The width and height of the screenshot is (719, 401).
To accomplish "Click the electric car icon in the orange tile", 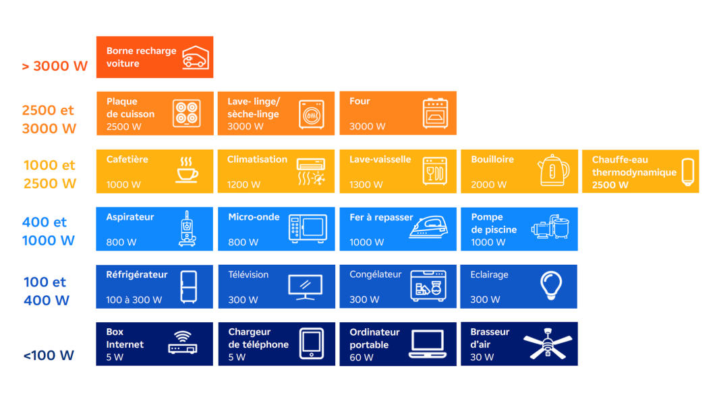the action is [x=196, y=58].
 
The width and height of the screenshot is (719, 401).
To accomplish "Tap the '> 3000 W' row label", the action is [x=55, y=66].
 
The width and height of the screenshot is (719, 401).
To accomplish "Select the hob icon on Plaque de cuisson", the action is [x=187, y=113].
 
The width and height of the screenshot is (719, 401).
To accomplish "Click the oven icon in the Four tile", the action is [x=435, y=113].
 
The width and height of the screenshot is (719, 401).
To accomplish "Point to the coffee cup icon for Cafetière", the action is [x=187, y=171].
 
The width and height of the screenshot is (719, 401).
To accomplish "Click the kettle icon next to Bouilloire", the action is [x=554, y=170].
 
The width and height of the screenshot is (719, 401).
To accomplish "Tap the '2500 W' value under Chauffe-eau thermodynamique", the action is [x=610, y=185].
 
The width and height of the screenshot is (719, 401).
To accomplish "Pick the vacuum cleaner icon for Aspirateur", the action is [x=187, y=228].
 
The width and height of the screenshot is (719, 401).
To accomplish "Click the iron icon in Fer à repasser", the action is [x=428, y=227].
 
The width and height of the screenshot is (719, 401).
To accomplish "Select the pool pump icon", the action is [x=550, y=226].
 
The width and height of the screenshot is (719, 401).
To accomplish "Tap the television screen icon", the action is [x=306, y=287].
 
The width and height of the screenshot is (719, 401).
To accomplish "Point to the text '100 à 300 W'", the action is [x=134, y=300].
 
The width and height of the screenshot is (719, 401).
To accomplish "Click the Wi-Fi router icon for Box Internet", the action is [x=183, y=343].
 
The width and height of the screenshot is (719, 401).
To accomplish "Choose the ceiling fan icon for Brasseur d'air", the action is [x=548, y=343].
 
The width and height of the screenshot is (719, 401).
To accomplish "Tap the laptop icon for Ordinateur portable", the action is [x=428, y=344].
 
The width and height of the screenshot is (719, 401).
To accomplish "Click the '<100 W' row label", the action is [x=49, y=355].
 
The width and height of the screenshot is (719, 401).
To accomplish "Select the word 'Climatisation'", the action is [x=257, y=160].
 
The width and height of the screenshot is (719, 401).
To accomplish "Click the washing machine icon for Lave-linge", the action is [x=312, y=114].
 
